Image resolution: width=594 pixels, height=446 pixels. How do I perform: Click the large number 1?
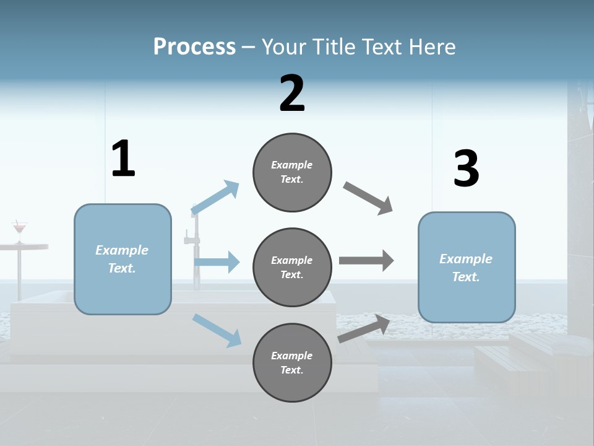[x=123, y=159]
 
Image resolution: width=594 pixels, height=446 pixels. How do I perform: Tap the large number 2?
[x=292, y=94]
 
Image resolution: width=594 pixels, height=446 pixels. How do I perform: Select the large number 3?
[x=466, y=169]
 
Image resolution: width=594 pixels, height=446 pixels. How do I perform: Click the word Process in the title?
[x=194, y=46]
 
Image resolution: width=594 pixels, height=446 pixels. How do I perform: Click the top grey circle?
[x=292, y=172]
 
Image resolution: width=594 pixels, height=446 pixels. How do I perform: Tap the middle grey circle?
[x=292, y=267]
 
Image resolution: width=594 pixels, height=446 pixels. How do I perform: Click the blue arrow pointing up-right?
[x=215, y=198]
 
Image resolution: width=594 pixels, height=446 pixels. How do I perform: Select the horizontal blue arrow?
[x=217, y=262]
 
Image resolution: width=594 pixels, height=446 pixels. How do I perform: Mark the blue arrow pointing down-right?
[x=217, y=330]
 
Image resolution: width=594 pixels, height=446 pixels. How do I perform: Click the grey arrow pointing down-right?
[x=368, y=198]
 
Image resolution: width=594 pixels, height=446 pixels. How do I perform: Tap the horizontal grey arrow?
[x=366, y=261]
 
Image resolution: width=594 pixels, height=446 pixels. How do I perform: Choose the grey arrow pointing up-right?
[x=364, y=329]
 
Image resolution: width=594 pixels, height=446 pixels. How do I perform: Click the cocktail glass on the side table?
[x=20, y=230]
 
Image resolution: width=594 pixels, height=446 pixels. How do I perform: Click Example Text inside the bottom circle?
[x=292, y=363]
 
